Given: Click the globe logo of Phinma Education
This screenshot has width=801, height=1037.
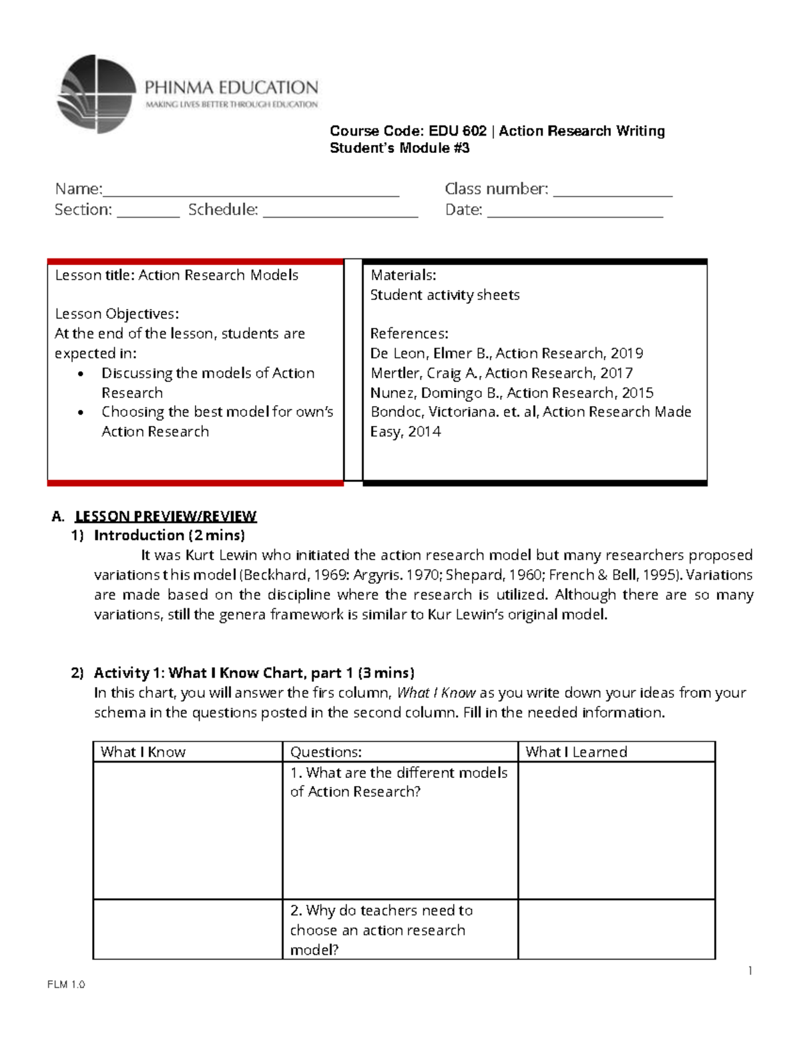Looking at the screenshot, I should click(97, 93).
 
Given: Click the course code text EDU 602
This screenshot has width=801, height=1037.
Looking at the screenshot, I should click(457, 131).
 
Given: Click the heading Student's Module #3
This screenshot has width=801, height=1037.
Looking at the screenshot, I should click(399, 148).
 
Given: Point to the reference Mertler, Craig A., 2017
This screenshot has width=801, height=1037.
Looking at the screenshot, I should click(501, 373).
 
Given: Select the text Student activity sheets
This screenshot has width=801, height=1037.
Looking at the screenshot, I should click(445, 294).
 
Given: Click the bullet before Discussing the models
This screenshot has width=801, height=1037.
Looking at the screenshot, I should click(81, 374).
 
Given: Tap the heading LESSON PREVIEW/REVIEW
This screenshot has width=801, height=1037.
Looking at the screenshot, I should click(165, 516).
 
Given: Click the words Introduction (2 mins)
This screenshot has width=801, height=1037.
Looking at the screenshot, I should click(169, 535).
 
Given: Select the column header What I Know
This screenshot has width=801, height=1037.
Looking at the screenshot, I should click(143, 752).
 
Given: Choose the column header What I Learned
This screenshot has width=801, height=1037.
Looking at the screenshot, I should click(576, 752).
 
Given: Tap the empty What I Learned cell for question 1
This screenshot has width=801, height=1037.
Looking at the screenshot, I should click(616, 830).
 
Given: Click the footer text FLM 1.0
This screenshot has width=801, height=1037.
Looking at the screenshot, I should click(66, 984).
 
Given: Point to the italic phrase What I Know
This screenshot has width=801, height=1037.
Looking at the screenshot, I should click(436, 692).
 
